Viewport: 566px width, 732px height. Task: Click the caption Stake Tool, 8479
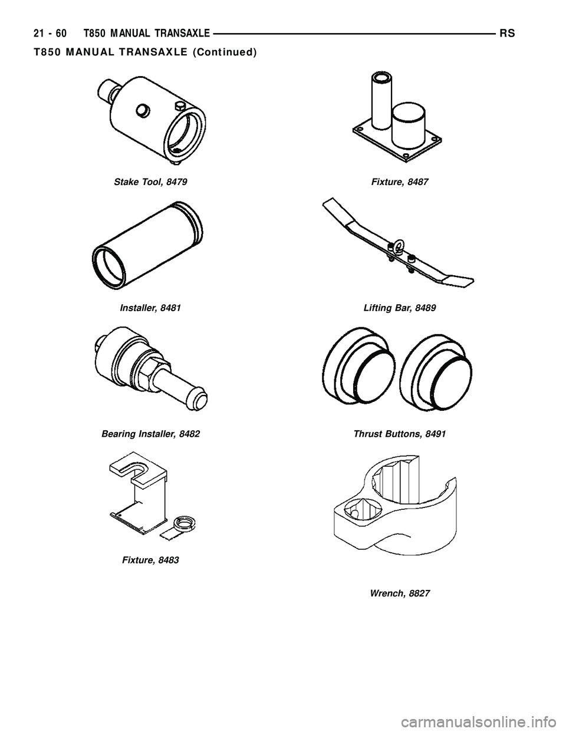[x=150, y=183]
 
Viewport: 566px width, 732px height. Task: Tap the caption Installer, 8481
[x=150, y=308]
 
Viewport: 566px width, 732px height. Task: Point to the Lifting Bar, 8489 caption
[x=399, y=308]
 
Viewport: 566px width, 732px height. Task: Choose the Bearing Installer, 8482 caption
[x=150, y=434]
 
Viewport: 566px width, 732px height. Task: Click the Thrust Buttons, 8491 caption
[x=399, y=434]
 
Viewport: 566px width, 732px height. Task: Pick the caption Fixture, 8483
[x=150, y=559]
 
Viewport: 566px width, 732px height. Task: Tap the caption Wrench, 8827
[x=400, y=593]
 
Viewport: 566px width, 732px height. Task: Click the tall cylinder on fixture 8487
[x=378, y=100]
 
